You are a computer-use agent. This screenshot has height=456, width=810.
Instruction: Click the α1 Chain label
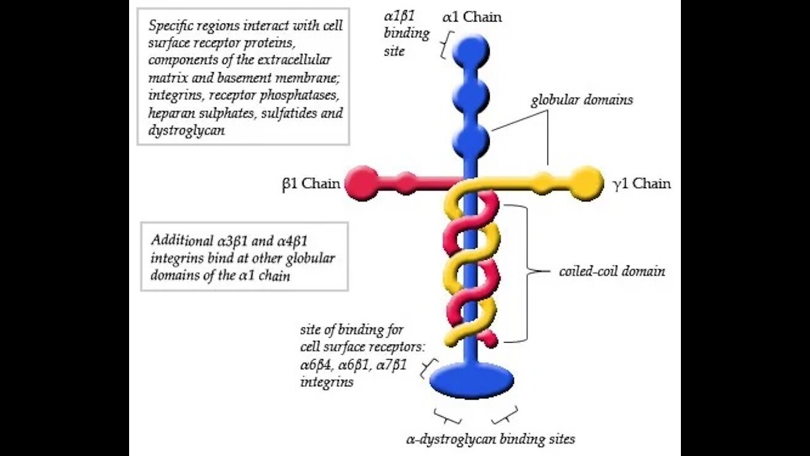coord(472,17)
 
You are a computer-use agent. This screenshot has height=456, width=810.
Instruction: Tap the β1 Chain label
coord(311,184)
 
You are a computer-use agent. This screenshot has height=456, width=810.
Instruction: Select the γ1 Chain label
coord(642,184)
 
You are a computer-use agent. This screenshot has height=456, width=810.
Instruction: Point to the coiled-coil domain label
coord(612,271)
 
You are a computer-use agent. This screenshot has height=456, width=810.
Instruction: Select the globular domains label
coord(582,100)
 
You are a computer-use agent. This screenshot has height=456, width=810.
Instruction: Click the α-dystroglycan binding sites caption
coord(490,438)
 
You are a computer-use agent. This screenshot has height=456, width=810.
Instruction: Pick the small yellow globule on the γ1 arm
coord(543,183)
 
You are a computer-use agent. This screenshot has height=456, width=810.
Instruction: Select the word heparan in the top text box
coord(170,113)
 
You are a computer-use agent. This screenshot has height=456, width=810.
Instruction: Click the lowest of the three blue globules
coord(471,141)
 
